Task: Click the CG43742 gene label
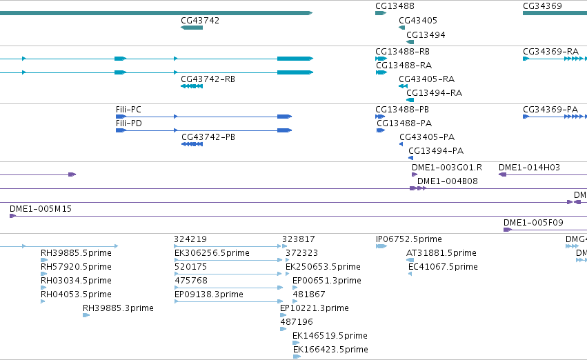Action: [x=200, y=21]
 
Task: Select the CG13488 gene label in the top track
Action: [x=395, y=6]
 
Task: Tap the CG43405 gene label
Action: [x=418, y=21]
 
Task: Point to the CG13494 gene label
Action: [x=426, y=35]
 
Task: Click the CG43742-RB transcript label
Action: [x=208, y=79]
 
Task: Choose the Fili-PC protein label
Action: [x=128, y=110]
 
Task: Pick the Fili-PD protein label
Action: [x=129, y=123]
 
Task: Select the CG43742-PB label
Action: [x=208, y=137]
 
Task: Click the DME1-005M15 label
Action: [x=41, y=209]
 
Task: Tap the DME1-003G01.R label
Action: [x=447, y=168]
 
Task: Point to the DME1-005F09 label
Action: [x=533, y=223]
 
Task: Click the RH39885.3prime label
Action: [x=118, y=308]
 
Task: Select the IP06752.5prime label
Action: [x=409, y=239]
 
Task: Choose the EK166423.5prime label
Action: [x=330, y=350]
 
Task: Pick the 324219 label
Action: [x=190, y=239]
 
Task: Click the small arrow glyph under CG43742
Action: [x=192, y=28]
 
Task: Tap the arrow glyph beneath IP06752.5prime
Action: [x=381, y=246]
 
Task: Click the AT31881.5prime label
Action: [x=441, y=253]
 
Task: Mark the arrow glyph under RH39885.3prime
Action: [x=86, y=315]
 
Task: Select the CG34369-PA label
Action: [x=550, y=110]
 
